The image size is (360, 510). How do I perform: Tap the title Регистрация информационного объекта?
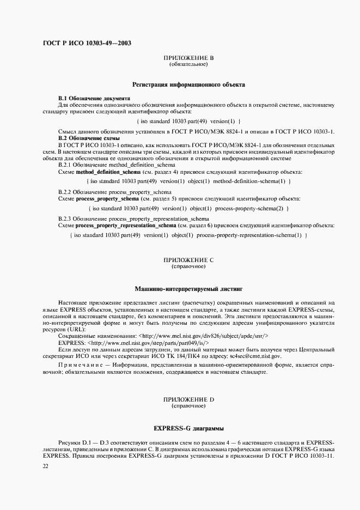pos(188,85)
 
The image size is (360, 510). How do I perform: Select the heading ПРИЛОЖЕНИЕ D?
pos(188,400)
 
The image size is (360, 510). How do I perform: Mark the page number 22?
pos(45,467)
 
